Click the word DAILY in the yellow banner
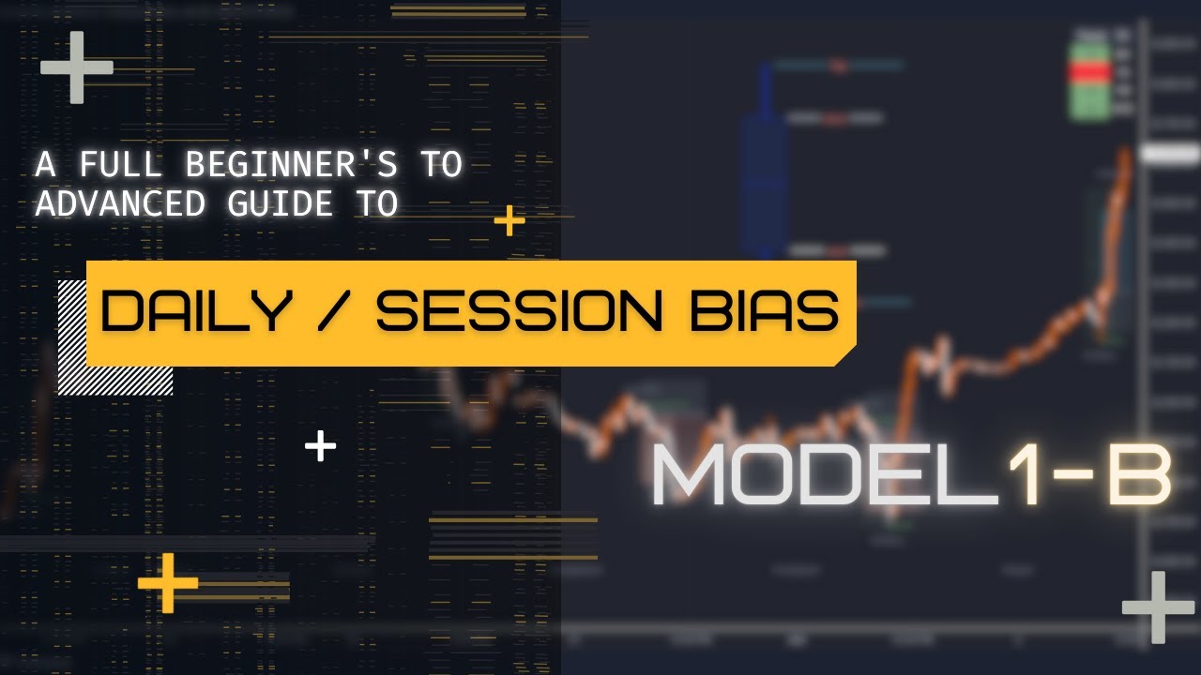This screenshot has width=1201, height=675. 195,312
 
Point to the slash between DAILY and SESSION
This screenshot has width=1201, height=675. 331,312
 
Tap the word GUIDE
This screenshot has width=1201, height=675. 276,203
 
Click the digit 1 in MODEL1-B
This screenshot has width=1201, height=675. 1026,475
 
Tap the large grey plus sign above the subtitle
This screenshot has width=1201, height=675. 76,67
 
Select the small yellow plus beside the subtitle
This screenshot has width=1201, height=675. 509,222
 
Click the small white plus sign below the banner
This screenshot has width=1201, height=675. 321,446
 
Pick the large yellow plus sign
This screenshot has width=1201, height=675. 168,583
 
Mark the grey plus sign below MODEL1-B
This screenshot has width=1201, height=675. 1158,607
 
